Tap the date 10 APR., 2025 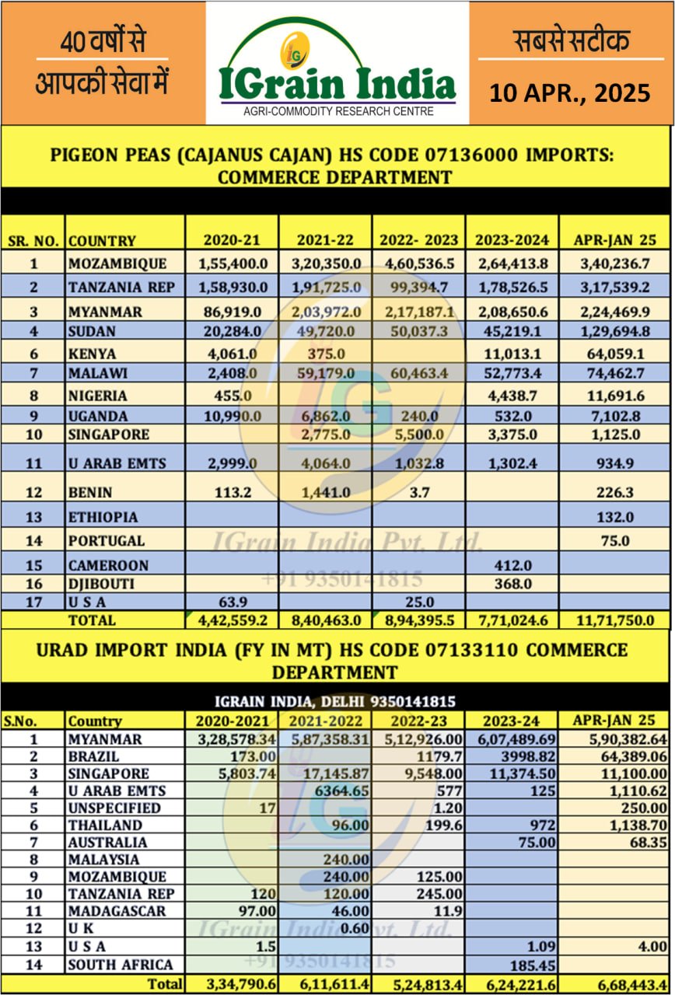569,93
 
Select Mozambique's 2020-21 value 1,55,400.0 233,264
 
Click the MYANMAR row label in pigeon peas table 105,312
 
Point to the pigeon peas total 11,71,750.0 614,620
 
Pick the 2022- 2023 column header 418,239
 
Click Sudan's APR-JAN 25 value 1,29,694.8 614,332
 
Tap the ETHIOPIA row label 103,517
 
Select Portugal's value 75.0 614,540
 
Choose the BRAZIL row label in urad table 93,756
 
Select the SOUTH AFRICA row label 120,965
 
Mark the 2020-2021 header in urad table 231,721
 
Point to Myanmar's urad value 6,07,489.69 513,738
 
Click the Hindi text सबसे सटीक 572,40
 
